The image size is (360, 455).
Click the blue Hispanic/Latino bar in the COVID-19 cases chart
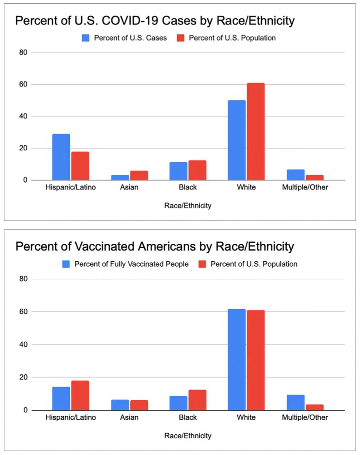[61, 157]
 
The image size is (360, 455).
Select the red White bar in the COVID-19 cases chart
[255, 132]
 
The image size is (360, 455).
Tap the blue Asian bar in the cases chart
[120, 177]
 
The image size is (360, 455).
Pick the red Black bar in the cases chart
[197, 170]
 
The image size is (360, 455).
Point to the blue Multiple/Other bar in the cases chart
[296, 175]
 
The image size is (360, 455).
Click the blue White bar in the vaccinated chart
[236, 360]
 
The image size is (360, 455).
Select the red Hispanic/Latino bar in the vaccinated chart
[80, 396]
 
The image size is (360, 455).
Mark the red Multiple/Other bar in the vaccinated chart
[314, 407]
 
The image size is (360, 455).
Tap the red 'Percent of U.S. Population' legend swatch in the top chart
[181, 38]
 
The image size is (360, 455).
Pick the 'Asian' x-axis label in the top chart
[129, 187]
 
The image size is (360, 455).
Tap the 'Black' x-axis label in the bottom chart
[188, 418]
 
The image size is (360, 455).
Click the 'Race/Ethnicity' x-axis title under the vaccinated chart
[188, 436]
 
